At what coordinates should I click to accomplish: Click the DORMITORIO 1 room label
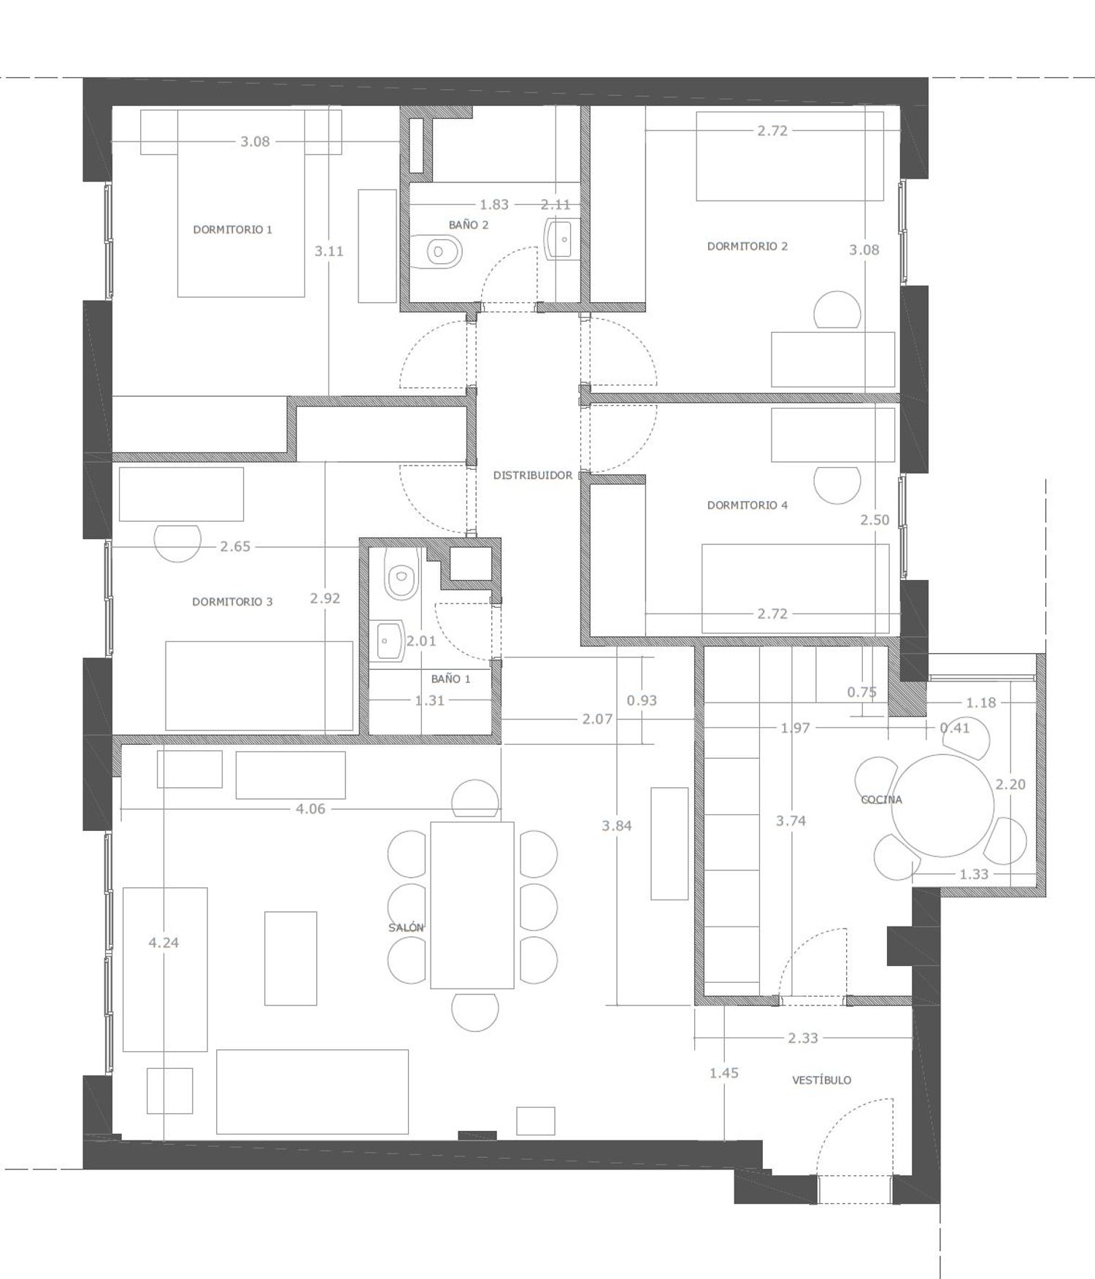[232, 230]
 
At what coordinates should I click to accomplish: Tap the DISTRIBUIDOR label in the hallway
[533, 476]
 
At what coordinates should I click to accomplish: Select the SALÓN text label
[406, 927]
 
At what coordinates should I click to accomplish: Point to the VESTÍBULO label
[821, 1080]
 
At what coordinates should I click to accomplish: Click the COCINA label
[881, 800]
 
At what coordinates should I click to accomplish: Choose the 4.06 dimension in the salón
[310, 808]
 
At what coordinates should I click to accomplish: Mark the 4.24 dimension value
[164, 943]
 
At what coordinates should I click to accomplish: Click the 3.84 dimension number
[617, 826]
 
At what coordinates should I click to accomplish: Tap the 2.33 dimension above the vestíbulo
[803, 1038]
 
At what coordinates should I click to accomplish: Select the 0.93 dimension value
[642, 700]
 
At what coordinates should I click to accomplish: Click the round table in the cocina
[942, 805]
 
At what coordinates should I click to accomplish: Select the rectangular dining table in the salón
[472, 905]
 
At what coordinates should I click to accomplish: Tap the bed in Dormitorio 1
[241, 204]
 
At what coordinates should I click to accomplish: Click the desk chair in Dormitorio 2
[837, 309]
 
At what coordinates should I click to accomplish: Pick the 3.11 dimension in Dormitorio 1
[329, 251]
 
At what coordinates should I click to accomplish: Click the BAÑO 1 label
[450, 679]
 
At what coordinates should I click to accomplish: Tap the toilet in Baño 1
[401, 574]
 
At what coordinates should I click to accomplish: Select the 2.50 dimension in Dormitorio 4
[875, 520]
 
